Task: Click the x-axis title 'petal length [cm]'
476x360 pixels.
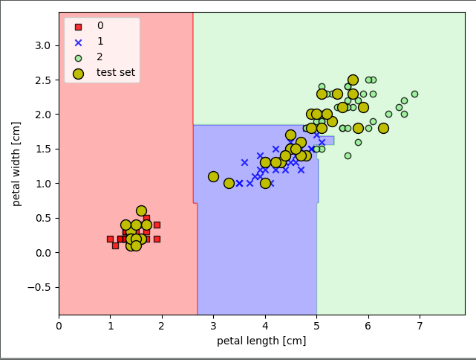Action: (x=261, y=341)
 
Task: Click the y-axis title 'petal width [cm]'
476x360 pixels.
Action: (x=17, y=164)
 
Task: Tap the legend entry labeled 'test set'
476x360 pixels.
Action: (x=115, y=72)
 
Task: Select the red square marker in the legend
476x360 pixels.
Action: (x=79, y=26)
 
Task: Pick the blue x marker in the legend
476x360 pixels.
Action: (x=79, y=42)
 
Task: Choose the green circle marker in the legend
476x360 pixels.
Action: (x=79, y=57)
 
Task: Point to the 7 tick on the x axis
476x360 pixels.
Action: (x=420, y=325)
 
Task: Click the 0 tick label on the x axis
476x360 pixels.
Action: (x=59, y=325)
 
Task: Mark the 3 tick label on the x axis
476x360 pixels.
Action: (x=214, y=325)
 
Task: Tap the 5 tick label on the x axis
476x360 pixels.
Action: (x=316, y=325)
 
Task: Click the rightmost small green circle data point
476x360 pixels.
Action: (x=414, y=94)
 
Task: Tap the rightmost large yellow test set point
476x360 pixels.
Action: (x=383, y=128)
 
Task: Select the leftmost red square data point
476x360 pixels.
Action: (x=110, y=239)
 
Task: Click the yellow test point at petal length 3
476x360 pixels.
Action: (x=213, y=176)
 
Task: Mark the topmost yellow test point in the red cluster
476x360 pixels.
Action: (x=141, y=211)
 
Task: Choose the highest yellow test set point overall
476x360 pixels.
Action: (x=353, y=80)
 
